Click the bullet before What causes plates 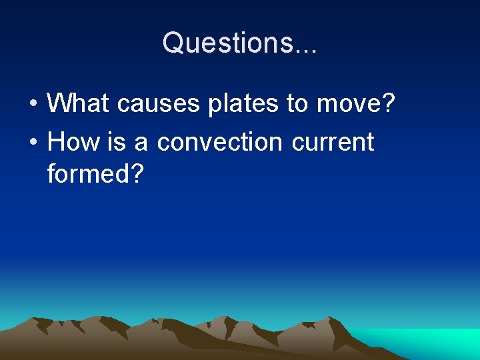pyautogui.click(x=33, y=104)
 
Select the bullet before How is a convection pyautogui.click(x=33, y=143)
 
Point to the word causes pyautogui.click(x=149, y=103)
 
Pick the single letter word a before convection pyautogui.click(x=141, y=142)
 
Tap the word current pyautogui.click(x=332, y=142)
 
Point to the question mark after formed pyautogui.click(x=137, y=174)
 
